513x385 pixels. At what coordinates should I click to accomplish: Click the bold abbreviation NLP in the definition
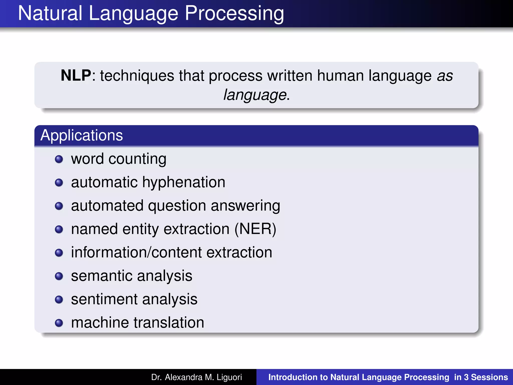(76, 75)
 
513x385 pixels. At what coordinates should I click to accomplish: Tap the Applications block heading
(82, 135)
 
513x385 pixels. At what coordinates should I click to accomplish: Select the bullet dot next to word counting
(59, 159)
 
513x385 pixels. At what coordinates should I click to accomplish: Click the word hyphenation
(184, 182)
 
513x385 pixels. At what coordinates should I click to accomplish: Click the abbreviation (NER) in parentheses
(255, 229)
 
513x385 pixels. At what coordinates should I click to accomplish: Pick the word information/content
(136, 252)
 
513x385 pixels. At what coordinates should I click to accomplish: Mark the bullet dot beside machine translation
(59, 323)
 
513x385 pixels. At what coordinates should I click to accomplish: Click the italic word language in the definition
(255, 95)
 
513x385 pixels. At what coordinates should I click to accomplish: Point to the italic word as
(445, 76)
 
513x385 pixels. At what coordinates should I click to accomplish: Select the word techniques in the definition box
(137, 76)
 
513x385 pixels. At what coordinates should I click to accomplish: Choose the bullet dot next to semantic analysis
(59, 276)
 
